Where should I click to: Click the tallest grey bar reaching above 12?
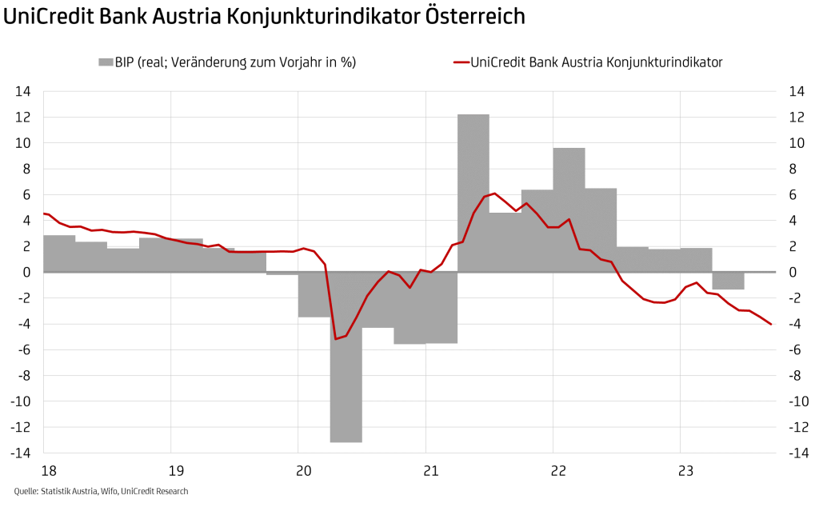tap(473, 192)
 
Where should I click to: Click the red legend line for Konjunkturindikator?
tap(459, 62)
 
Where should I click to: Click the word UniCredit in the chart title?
tap(48, 17)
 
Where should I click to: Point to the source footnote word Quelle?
tap(26, 491)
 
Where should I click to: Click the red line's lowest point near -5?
tap(336, 339)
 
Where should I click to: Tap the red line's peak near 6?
tap(494, 194)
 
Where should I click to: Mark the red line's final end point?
tap(770, 324)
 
